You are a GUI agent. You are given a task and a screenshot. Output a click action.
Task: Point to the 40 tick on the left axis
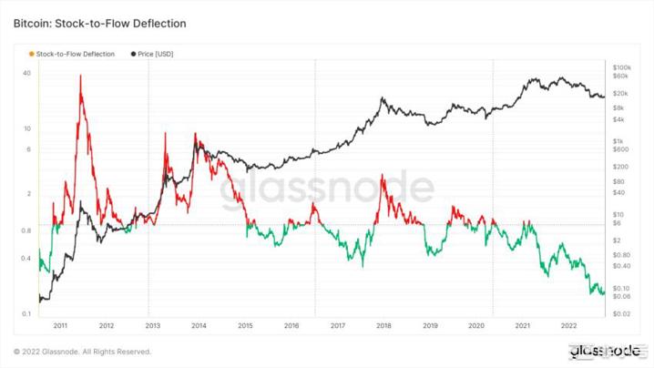27,73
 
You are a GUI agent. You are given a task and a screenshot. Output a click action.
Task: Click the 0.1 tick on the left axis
27,312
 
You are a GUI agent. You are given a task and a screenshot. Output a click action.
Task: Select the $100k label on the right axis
622,67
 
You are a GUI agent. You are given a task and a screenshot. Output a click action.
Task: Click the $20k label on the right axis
621,94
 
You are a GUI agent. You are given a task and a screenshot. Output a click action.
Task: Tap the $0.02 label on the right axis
622,313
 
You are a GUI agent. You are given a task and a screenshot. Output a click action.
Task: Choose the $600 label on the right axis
621,150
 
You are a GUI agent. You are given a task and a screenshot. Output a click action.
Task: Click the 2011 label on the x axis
60,324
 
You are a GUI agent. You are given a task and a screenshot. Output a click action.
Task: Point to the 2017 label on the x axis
337,324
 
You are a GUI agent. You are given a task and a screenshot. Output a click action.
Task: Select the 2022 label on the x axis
567,324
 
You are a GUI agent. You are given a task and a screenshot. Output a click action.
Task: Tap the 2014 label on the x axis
199,324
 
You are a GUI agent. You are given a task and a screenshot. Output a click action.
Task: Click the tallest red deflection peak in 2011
81,76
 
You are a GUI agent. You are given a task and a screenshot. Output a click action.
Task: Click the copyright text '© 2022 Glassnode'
82,352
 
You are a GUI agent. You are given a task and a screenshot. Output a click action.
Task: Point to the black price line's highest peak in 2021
530,79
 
